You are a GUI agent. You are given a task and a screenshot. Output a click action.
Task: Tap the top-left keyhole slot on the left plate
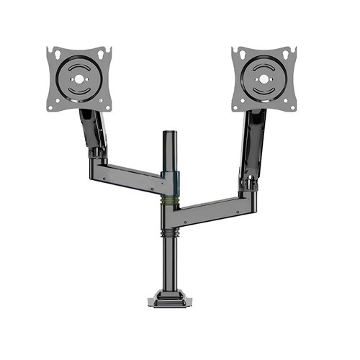[x=50, y=52]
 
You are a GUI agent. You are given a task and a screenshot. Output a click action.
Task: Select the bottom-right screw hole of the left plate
[x=109, y=107]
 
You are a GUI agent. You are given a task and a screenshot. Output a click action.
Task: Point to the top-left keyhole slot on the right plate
[x=236, y=52]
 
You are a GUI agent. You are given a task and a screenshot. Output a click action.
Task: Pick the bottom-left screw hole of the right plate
[x=237, y=107]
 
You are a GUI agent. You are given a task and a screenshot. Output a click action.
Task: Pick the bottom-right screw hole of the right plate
[x=293, y=107]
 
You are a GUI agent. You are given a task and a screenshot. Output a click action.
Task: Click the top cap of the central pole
[x=169, y=134]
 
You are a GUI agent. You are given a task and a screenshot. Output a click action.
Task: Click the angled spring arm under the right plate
[x=253, y=144]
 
